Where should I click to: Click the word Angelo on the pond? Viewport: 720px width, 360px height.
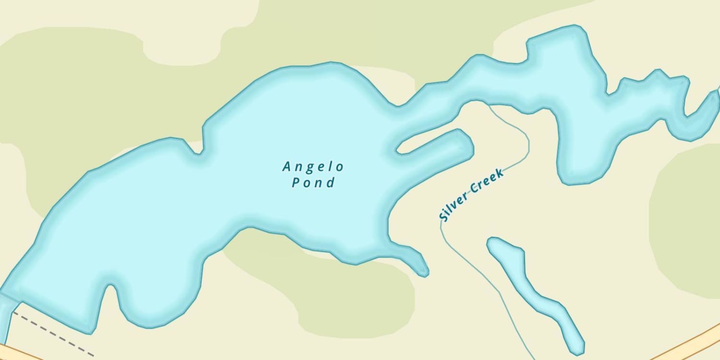(x=313, y=167)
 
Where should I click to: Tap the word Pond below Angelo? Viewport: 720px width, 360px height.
(x=313, y=183)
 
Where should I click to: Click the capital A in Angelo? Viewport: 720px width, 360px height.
(x=287, y=167)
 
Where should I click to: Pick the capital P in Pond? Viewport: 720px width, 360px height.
(x=297, y=183)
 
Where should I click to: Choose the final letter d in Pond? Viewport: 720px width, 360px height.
(x=330, y=183)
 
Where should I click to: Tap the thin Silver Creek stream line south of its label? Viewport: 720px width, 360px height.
(x=480, y=269)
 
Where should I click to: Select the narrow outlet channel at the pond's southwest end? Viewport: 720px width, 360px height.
(x=6, y=317)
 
